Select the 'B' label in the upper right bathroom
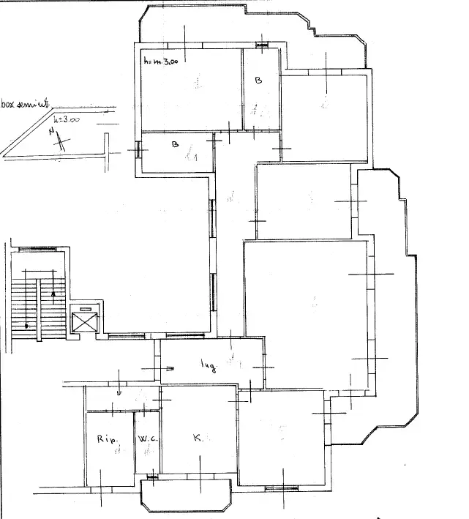tap(258, 81)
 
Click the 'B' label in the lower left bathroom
tap(175, 144)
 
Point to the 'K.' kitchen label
tap(198, 438)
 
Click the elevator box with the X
tap(85, 321)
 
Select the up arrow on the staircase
tap(53, 293)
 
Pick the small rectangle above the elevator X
tap(86, 310)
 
